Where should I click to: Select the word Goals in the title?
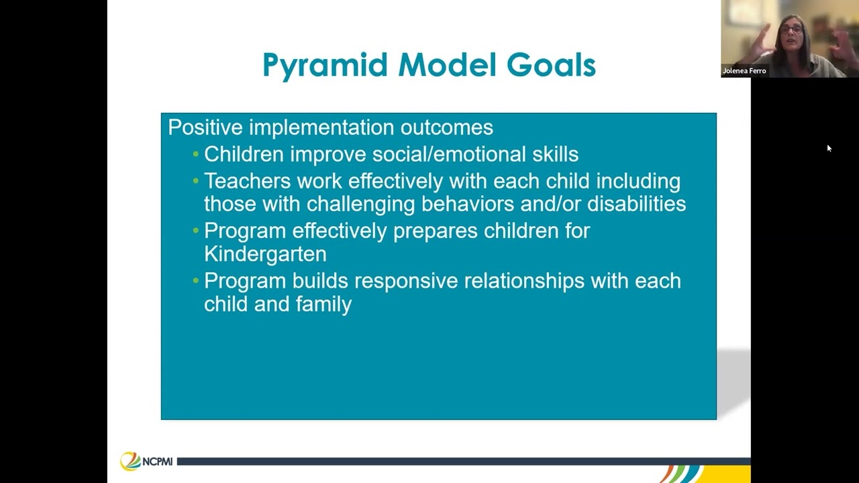click(x=551, y=66)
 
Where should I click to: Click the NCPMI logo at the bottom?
click(x=147, y=461)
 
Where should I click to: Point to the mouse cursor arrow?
click(x=829, y=148)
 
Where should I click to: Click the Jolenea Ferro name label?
click(x=744, y=71)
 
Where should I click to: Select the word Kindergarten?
click(x=265, y=254)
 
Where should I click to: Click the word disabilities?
click(x=636, y=204)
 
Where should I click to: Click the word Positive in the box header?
click(x=205, y=127)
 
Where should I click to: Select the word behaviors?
click(x=472, y=204)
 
